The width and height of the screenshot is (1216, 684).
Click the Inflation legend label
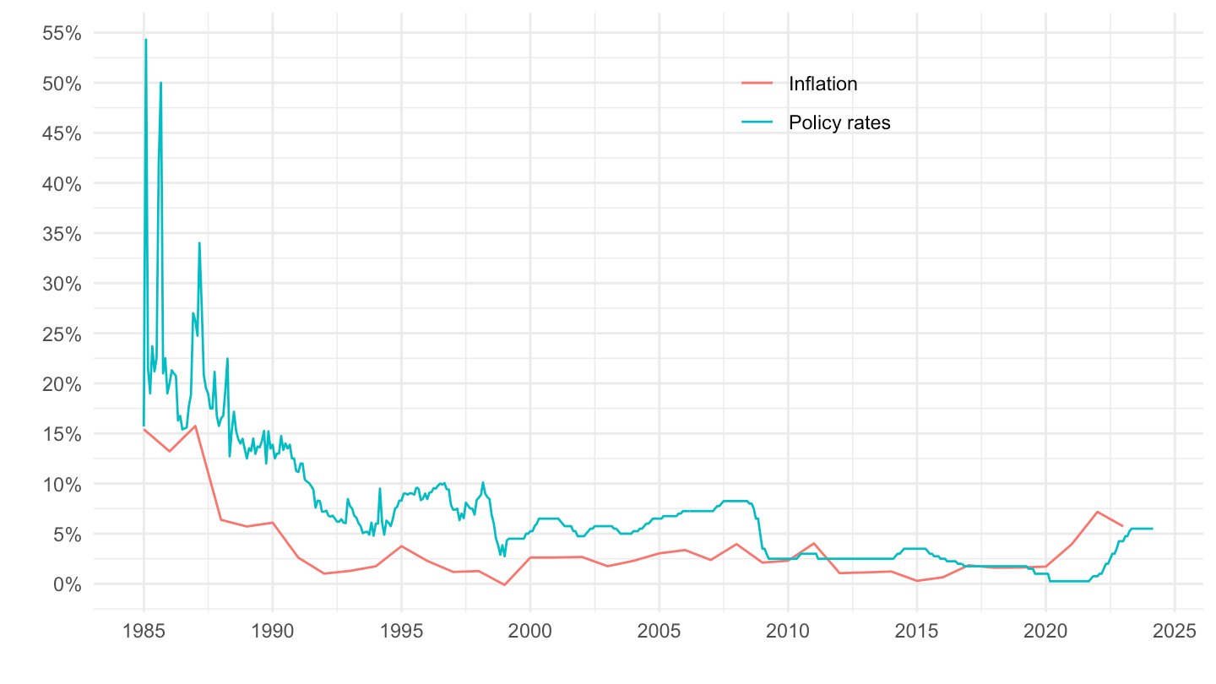[822, 84]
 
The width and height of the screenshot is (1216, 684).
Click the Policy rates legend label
[839, 122]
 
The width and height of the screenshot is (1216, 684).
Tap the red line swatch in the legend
[757, 83]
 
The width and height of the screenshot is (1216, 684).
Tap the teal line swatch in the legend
[757, 122]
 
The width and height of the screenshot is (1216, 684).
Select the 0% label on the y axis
[68, 584]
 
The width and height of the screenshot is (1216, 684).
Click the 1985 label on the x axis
[144, 632]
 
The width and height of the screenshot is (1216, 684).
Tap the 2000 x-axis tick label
[530, 632]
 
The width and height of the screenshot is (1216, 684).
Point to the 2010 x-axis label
[788, 632]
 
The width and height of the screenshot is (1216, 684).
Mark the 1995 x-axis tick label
[401, 632]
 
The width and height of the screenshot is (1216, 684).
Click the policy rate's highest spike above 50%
[145, 40]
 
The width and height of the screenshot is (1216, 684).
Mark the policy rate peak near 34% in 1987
[199, 243]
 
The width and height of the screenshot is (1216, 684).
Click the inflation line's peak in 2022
[1097, 512]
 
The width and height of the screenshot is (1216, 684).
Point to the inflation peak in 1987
[195, 426]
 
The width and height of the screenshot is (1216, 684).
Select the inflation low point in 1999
[504, 584]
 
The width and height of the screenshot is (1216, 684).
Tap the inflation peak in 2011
[813, 543]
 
